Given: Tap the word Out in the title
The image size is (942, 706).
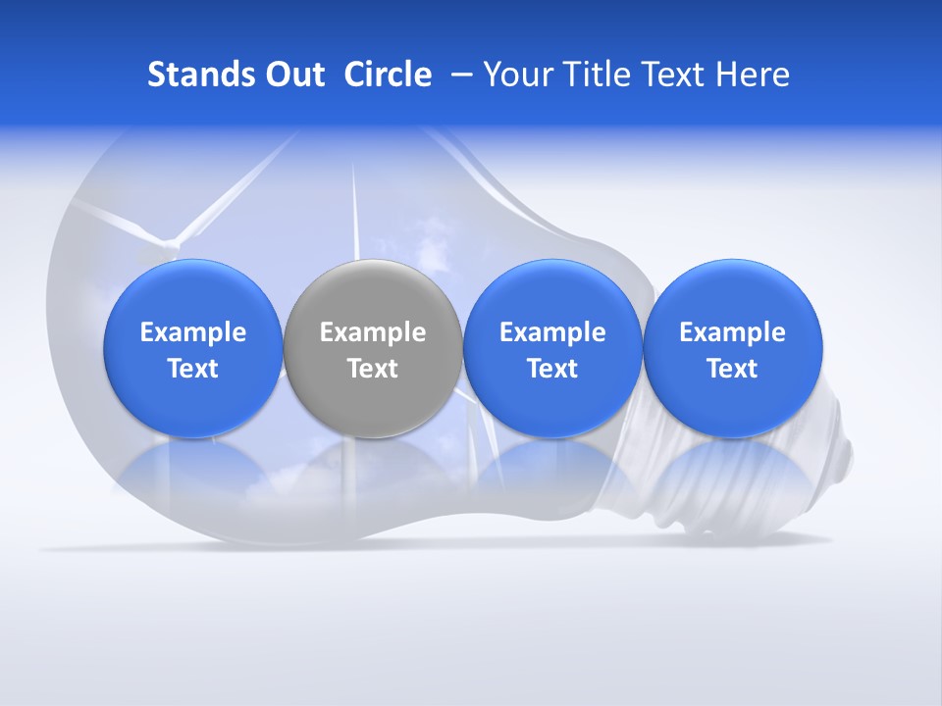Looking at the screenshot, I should (291, 75).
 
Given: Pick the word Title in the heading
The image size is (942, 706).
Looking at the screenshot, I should (592, 75).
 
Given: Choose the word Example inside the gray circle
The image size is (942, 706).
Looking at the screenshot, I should (372, 332).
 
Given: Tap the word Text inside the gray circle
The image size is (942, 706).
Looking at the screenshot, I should (372, 369).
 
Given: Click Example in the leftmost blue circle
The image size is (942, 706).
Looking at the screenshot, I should (192, 332).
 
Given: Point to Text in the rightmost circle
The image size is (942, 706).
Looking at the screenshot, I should (732, 369).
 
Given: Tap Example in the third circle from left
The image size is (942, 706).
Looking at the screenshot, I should (552, 332).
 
